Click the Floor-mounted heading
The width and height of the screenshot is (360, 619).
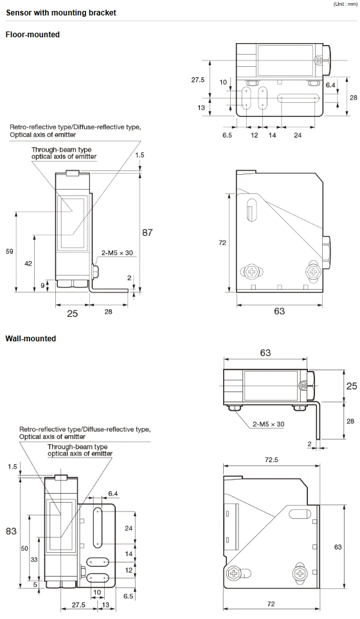(x=32, y=35)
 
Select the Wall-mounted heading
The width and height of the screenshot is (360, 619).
(x=31, y=338)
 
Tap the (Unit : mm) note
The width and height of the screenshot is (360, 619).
(x=345, y=4)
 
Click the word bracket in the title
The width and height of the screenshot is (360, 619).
(x=103, y=13)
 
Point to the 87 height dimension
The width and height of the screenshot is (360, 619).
(x=147, y=233)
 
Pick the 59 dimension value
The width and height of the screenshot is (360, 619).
(x=10, y=251)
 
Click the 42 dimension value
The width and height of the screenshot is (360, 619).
(x=28, y=264)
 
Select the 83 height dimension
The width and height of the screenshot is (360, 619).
(x=11, y=531)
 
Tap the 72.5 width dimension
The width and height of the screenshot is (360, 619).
(x=271, y=460)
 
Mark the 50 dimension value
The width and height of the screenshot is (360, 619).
(x=24, y=548)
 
